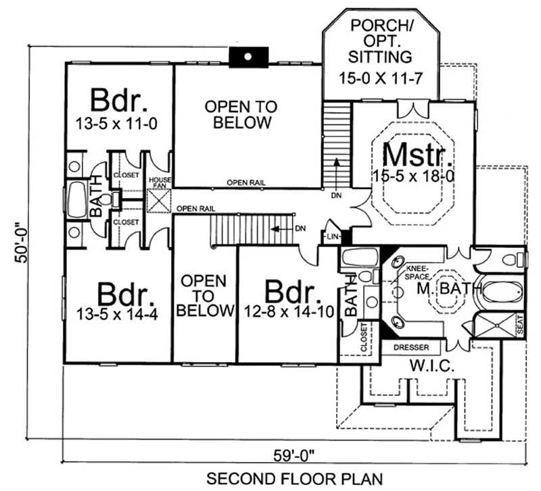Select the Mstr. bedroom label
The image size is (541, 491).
click(417, 155)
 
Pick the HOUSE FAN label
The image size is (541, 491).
click(160, 183)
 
